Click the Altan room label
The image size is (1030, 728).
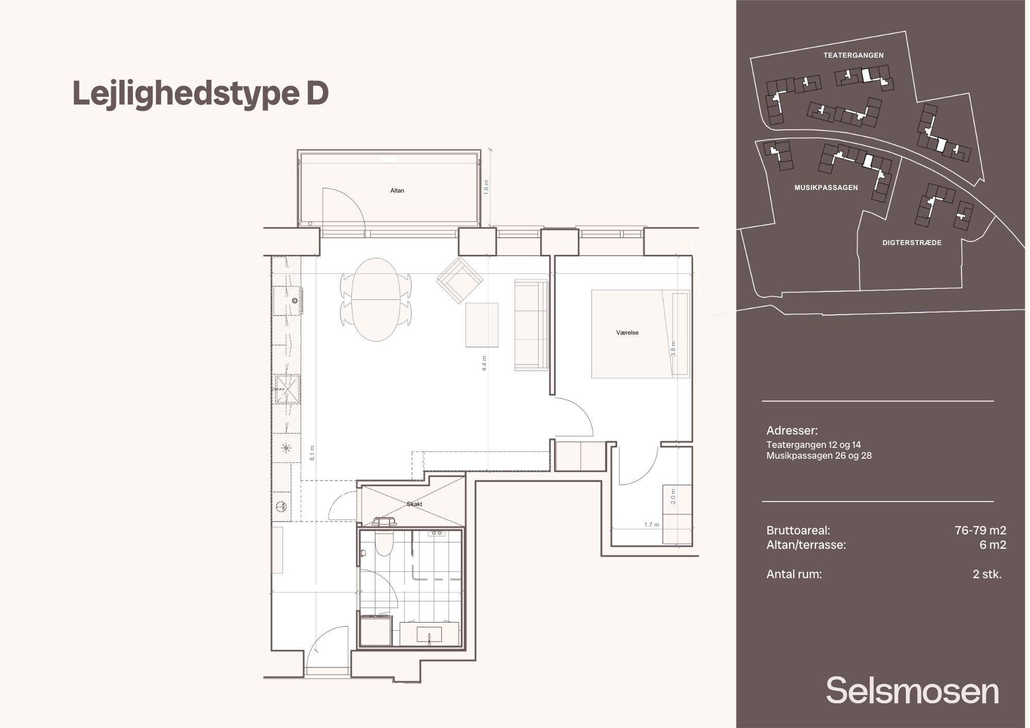pyautogui.click(x=397, y=190)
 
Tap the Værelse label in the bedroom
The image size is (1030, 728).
pyautogui.click(x=627, y=333)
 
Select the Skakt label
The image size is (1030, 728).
pyautogui.click(x=414, y=504)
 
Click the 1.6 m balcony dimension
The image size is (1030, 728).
pyautogui.click(x=486, y=187)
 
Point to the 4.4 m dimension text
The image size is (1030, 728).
pyautogui.click(x=484, y=363)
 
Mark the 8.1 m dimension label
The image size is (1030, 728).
pyautogui.click(x=313, y=453)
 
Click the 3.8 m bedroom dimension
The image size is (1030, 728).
pyautogui.click(x=673, y=349)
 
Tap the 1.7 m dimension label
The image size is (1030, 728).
pyautogui.click(x=651, y=525)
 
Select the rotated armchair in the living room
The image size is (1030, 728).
pyautogui.click(x=459, y=281)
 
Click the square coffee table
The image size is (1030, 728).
pyautogui.click(x=482, y=325)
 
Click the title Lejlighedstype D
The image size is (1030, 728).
pyautogui.click(x=200, y=94)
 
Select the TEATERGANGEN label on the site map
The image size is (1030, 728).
pyautogui.click(x=853, y=55)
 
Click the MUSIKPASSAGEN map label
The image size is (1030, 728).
pyautogui.click(x=826, y=187)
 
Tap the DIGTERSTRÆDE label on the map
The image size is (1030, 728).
pyautogui.click(x=912, y=242)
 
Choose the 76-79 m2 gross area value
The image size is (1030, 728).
pyautogui.click(x=981, y=530)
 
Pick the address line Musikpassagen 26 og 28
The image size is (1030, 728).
pyautogui.click(x=819, y=456)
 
